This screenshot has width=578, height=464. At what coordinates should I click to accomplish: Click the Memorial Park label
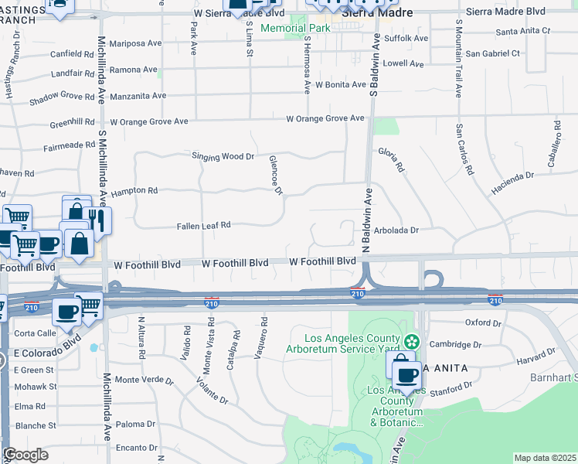tap(295, 29)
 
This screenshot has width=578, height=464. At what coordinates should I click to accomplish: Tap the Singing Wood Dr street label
tap(223, 156)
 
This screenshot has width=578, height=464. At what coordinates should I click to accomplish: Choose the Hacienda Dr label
tap(512, 183)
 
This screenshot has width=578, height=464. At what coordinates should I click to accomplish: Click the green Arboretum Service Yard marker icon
tap(412, 341)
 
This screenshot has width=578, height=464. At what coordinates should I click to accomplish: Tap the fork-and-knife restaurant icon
tap(100, 220)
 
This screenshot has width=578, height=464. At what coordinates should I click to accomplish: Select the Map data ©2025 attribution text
tap(545, 458)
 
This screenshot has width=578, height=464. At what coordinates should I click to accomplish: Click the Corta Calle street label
tap(36, 333)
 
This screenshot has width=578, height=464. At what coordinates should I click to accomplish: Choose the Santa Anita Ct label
tap(523, 31)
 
